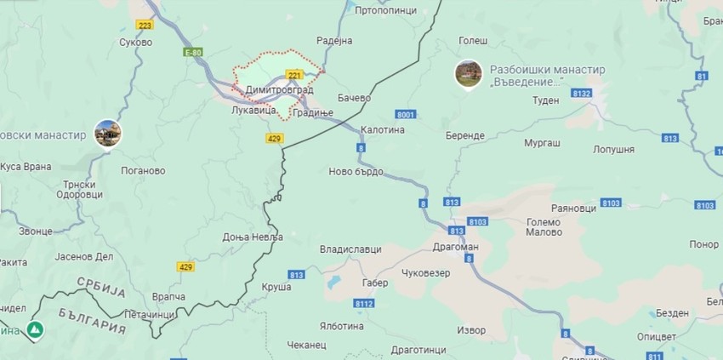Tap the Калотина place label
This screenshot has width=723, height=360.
382,130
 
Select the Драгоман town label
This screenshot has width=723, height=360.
456,247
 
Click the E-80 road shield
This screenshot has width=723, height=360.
194,53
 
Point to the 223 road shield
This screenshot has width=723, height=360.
145,25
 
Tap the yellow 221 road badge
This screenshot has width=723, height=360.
295,75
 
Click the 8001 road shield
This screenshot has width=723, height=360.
405,115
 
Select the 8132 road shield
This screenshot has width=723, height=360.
583,92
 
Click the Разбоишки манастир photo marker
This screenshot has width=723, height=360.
467,74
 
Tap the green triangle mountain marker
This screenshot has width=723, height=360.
36,329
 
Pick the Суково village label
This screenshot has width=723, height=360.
135,42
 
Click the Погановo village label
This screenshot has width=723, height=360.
143,170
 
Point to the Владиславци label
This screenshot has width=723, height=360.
350,249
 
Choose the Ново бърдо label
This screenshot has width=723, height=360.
356,172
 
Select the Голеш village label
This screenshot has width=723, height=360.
473,40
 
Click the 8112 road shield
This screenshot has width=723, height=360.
364,304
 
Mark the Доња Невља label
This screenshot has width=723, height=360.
253,237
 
